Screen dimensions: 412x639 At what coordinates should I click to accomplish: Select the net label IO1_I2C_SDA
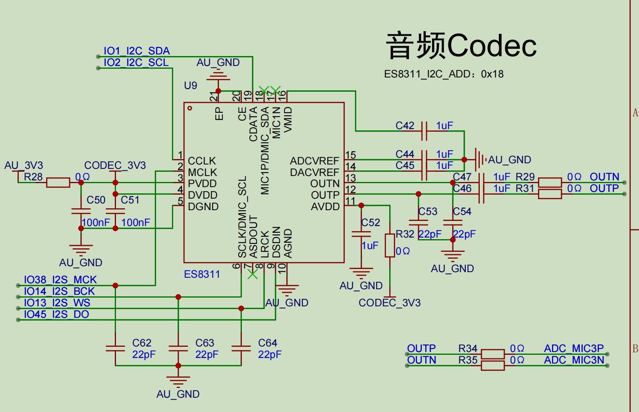pos(137,51)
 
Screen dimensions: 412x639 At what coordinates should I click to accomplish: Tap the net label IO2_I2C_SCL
pos(136,62)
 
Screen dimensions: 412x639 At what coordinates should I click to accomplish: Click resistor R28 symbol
pos(58,183)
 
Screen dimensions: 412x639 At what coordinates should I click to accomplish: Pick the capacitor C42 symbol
pos(424,131)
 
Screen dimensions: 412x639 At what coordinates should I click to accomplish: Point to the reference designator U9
pos(191,85)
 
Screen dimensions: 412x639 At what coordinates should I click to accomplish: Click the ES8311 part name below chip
pos(202,274)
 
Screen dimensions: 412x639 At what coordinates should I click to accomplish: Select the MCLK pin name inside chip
pos(203,172)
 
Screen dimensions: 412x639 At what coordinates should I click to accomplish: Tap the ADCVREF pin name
pos(315,161)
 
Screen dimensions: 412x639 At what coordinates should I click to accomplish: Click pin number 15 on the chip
pos(350,155)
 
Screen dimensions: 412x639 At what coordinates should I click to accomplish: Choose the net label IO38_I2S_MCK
pos(60,280)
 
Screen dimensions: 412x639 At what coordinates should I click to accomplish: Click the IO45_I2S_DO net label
pos(56,314)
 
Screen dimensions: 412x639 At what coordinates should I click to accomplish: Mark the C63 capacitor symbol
pos(178,348)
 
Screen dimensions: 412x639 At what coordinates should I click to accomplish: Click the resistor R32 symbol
pos(390,245)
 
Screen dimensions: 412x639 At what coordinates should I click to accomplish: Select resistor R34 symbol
pos(492,354)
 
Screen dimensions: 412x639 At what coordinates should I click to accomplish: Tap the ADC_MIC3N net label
pos(574,360)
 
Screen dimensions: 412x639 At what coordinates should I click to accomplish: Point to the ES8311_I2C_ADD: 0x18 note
pos(444,74)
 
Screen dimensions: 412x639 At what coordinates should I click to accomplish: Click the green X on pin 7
pos(253,274)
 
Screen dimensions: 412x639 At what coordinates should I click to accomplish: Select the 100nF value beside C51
pos(135,222)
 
